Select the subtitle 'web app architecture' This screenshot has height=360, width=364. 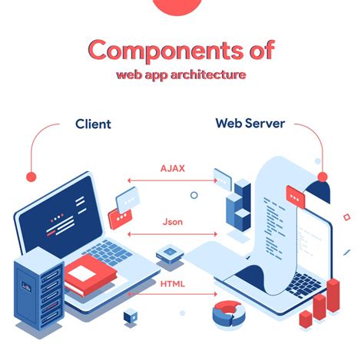coord(181,76)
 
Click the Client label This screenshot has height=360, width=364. coord(93,124)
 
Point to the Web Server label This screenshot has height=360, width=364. coord(249,123)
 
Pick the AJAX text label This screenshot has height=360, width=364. coord(172,167)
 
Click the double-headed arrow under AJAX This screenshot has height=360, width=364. coord(172,181)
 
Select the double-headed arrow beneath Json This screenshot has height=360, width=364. coord(172,233)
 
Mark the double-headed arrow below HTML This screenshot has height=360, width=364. coord(172,294)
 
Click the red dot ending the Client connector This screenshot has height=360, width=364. coord(31,177)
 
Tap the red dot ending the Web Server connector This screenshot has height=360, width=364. coord(322,176)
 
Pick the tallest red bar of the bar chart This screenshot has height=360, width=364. coord(333,299)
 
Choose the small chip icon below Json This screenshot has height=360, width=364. coord(168,253)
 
